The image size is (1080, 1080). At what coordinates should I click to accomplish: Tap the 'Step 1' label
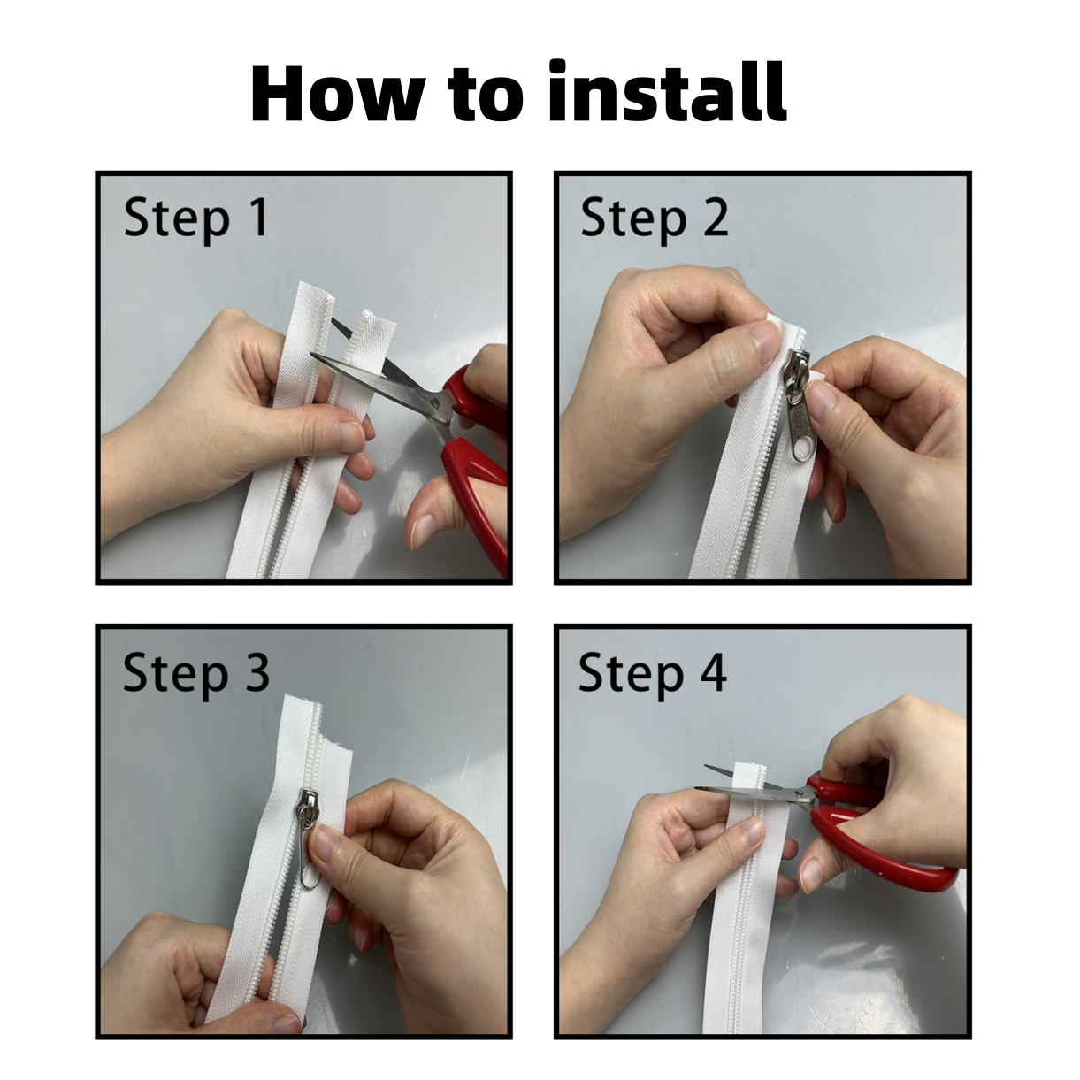[x=195, y=219]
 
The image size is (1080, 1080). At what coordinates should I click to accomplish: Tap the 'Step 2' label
[x=654, y=219]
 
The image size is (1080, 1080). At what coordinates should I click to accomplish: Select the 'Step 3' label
[x=196, y=674]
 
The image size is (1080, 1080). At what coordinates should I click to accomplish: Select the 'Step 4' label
[x=653, y=674]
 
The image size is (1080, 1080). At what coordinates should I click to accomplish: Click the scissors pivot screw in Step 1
[x=435, y=402]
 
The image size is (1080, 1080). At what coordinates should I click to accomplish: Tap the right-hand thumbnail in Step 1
[x=419, y=530]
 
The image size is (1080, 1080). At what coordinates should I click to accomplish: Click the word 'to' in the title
[x=486, y=96]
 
